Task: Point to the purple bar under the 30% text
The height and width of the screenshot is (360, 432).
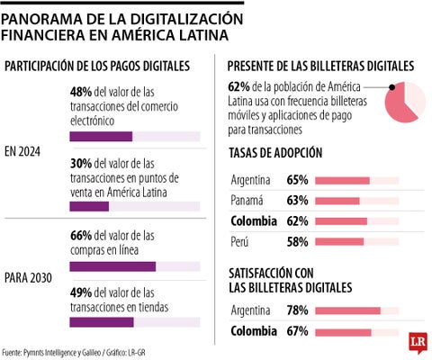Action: pyautogui.click(x=88, y=206)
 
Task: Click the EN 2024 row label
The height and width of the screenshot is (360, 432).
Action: pyautogui.click(x=28, y=150)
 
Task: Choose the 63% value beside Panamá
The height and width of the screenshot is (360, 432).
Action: pyautogui.click(x=298, y=200)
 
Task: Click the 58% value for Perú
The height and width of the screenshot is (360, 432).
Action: pyautogui.click(x=298, y=241)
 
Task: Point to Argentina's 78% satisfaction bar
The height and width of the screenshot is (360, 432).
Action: pyautogui.click(x=346, y=310)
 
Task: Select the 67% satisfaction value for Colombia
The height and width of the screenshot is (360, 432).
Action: pyautogui.click(x=298, y=331)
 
